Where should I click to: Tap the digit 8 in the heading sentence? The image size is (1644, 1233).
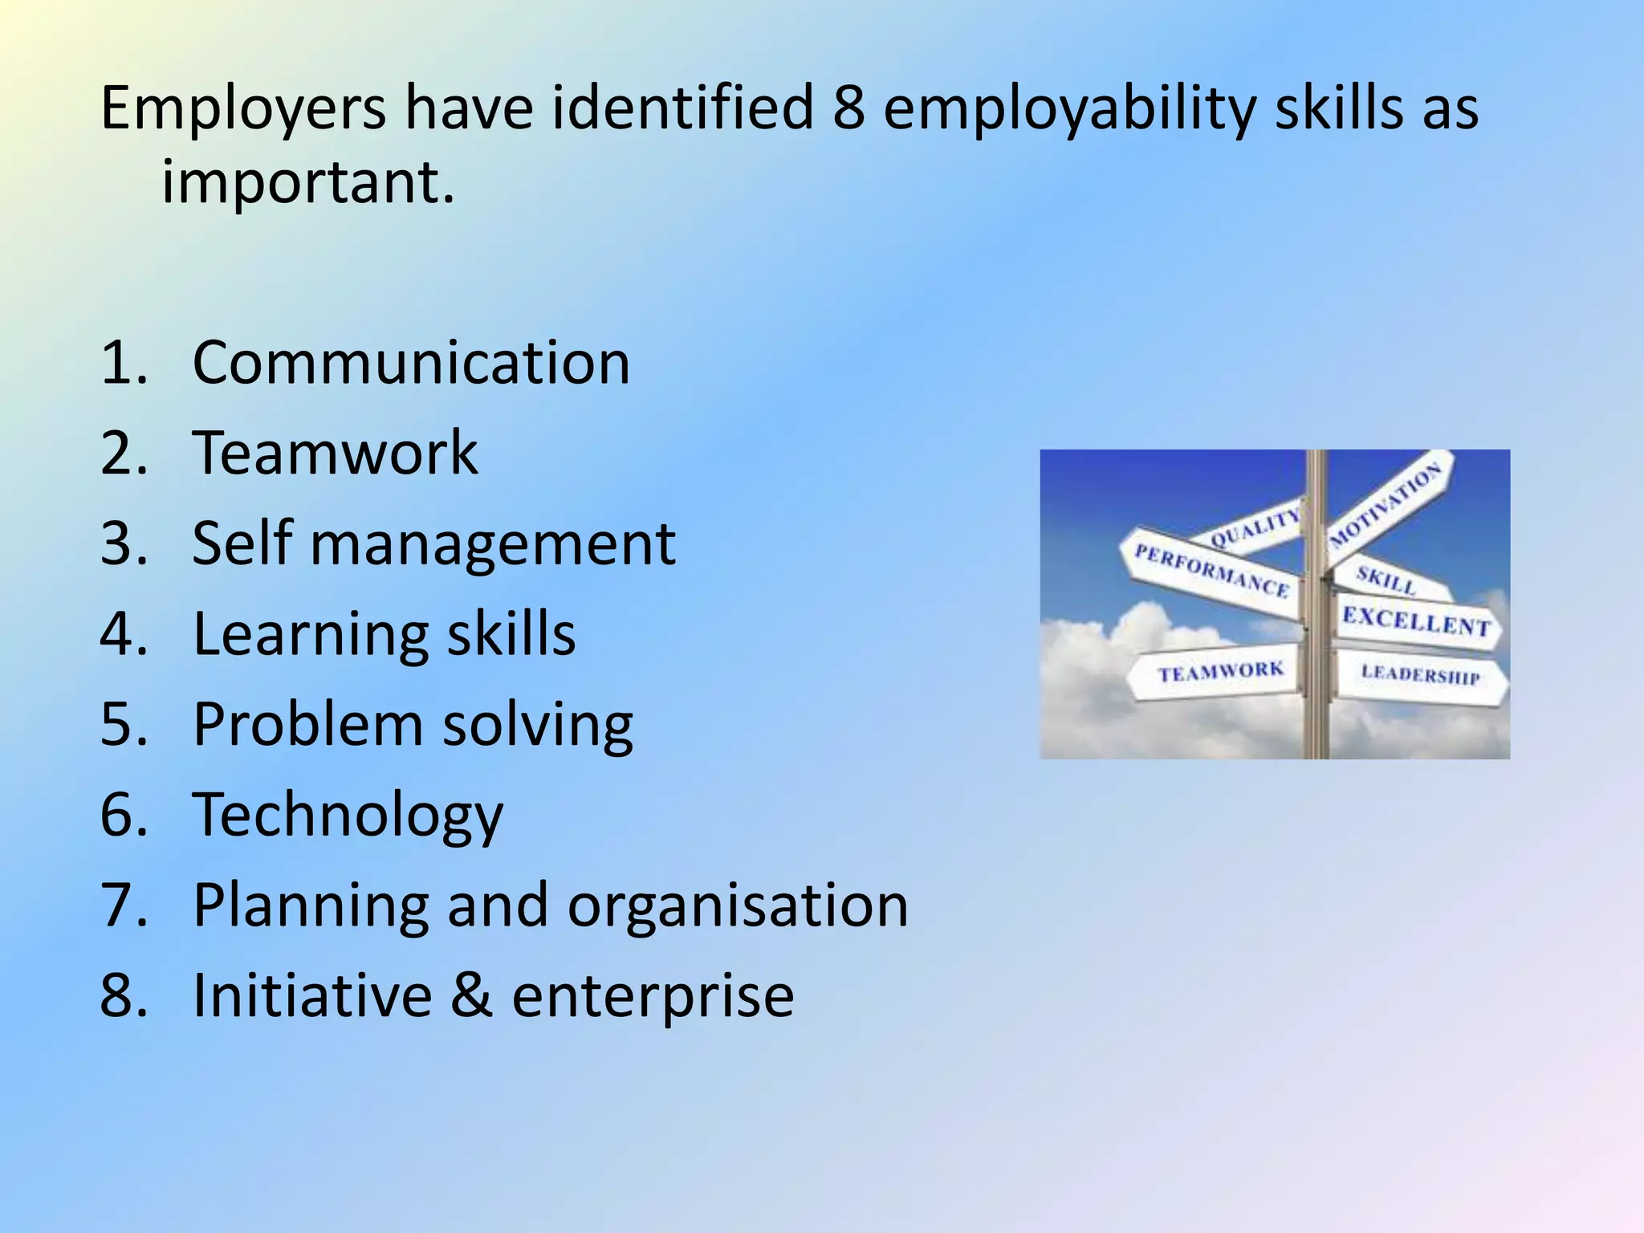click(x=848, y=108)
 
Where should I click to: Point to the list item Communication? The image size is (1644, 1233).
click(x=411, y=363)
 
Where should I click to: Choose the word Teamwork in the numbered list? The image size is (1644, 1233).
click(x=335, y=453)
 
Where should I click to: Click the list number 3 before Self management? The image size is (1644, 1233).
click(x=121, y=543)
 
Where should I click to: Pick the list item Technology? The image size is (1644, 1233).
click(x=348, y=816)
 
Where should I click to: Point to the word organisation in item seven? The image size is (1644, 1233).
click(x=738, y=906)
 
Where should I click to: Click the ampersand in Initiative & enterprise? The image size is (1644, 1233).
click(x=471, y=995)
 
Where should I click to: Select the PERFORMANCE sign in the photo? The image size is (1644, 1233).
click(x=1211, y=572)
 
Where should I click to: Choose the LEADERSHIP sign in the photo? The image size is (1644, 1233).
click(x=1419, y=675)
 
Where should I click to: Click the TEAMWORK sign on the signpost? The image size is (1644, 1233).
click(x=1219, y=672)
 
